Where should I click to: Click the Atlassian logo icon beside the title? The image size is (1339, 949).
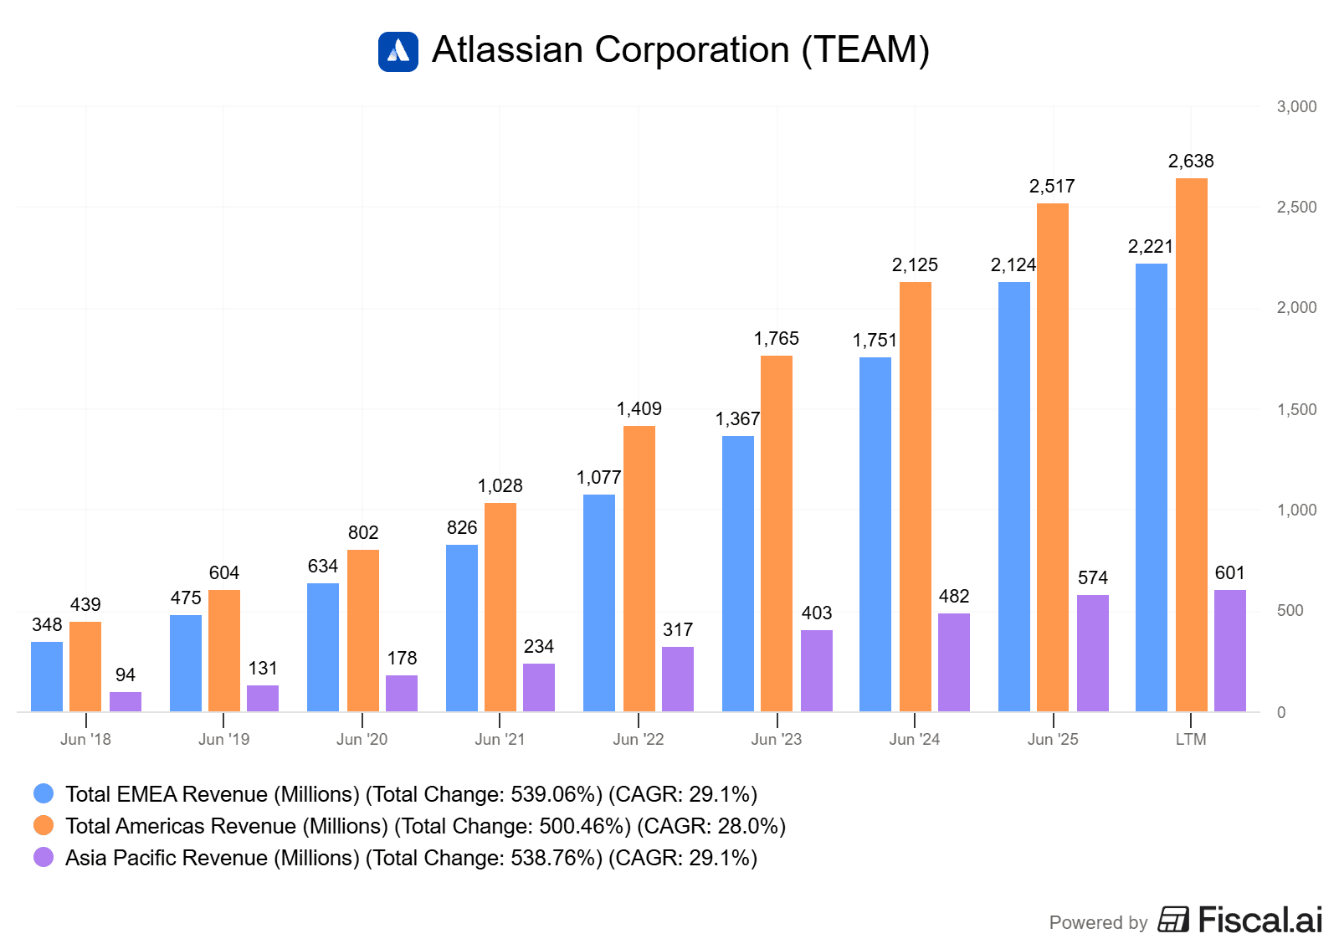click(x=398, y=51)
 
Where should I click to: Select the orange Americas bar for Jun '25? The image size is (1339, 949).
click(x=1053, y=457)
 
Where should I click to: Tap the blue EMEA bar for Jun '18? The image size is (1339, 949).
click(x=47, y=676)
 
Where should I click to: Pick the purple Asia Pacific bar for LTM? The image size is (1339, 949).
click(x=1230, y=650)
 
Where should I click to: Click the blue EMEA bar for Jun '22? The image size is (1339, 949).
click(x=599, y=603)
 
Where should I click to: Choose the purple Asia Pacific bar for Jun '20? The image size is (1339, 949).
click(x=402, y=693)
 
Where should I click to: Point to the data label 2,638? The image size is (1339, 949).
click(x=1191, y=161)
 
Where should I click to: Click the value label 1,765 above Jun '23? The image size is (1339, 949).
click(x=777, y=338)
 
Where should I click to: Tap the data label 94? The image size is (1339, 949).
click(x=126, y=675)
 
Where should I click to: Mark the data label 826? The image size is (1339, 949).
click(x=462, y=527)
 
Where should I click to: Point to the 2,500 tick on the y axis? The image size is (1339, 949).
click(x=1296, y=207)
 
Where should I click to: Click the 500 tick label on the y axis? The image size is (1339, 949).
click(x=1290, y=610)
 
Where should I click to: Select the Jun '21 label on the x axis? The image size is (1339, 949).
click(x=500, y=739)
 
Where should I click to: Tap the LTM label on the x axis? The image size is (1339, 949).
click(x=1191, y=739)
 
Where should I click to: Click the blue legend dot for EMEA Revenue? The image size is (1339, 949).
click(x=44, y=793)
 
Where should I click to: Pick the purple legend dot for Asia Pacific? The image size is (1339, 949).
click(x=44, y=857)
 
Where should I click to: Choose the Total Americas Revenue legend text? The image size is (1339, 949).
click(x=425, y=826)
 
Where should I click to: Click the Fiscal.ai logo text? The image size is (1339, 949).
click(x=1259, y=920)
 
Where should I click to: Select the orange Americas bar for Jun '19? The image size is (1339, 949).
click(x=224, y=650)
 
